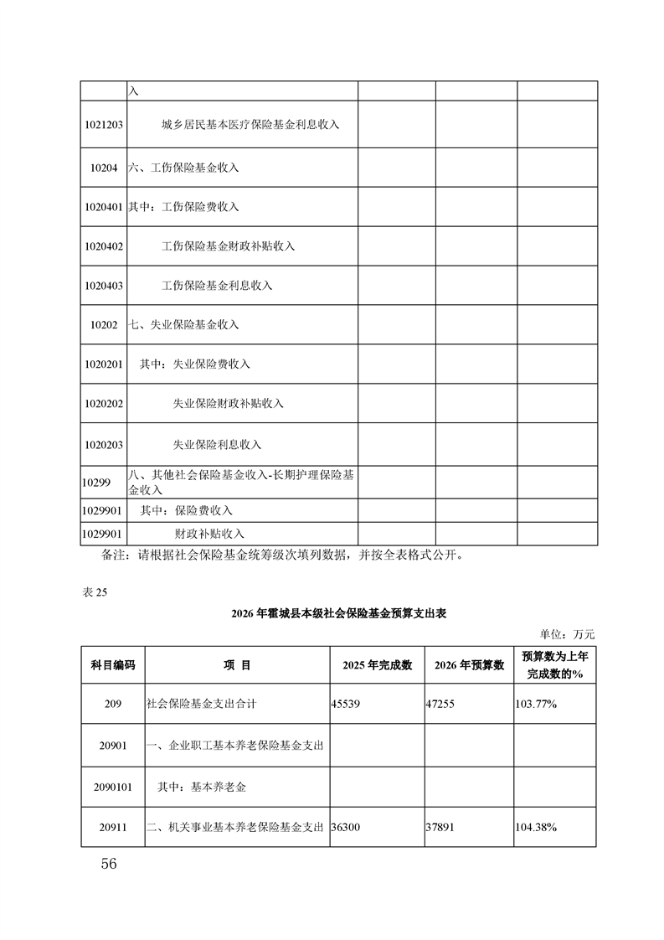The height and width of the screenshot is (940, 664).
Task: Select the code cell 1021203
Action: tap(104, 125)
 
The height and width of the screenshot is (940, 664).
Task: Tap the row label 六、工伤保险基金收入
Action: tap(183, 168)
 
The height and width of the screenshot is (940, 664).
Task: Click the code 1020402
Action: tap(104, 246)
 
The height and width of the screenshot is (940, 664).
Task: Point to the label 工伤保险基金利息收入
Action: tap(217, 286)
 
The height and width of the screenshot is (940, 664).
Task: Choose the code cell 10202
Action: tap(104, 325)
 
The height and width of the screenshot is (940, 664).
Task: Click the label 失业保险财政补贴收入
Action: tap(228, 404)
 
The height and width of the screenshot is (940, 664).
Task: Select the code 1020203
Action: tap(104, 444)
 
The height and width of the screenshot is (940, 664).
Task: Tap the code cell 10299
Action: tap(97, 483)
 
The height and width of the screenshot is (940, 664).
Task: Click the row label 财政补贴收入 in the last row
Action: tap(208, 534)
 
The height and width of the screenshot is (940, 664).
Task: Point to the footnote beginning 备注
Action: tap(281, 555)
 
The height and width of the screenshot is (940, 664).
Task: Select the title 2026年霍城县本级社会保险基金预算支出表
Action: tap(338, 614)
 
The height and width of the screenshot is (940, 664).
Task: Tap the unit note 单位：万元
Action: tap(568, 634)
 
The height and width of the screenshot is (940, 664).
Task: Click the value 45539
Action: tap(347, 705)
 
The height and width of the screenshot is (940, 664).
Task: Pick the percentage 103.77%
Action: tap(536, 705)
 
